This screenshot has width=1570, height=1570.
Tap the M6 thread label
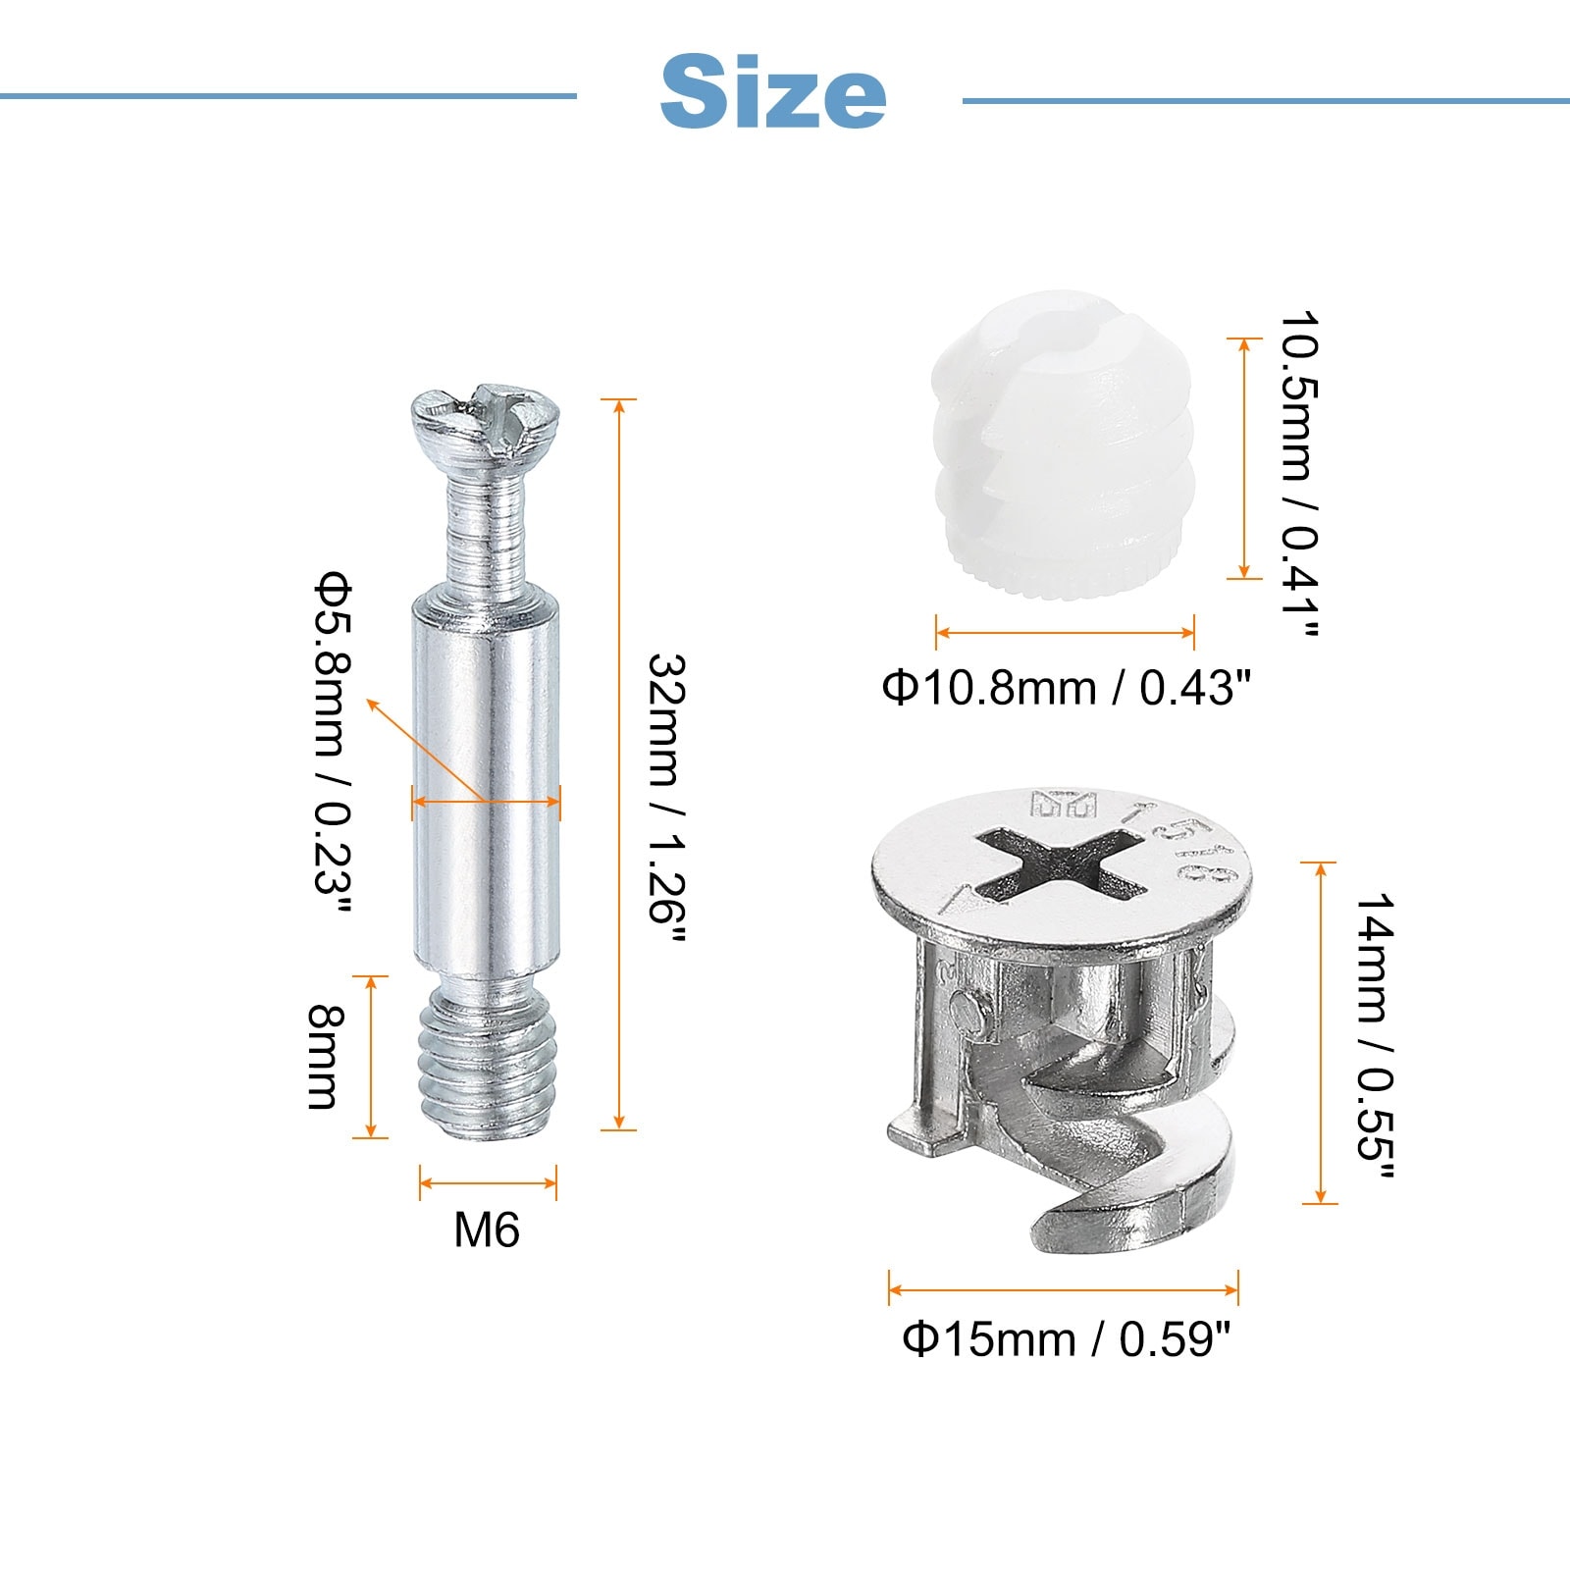[x=487, y=1230]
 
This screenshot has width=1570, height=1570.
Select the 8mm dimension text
[x=325, y=1056]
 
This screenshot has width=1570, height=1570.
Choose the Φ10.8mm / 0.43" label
[x=1067, y=687]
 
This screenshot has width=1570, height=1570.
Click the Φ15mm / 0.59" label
[x=1066, y=1338]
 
